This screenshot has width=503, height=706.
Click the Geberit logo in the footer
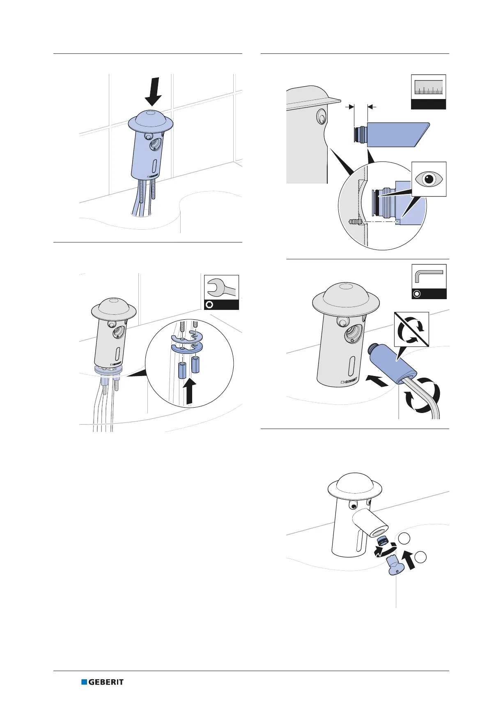(102, 682)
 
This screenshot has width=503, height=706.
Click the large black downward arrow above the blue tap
(153, 92)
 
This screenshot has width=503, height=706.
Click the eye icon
(429, 179)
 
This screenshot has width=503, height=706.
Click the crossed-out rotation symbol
(411, 329)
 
